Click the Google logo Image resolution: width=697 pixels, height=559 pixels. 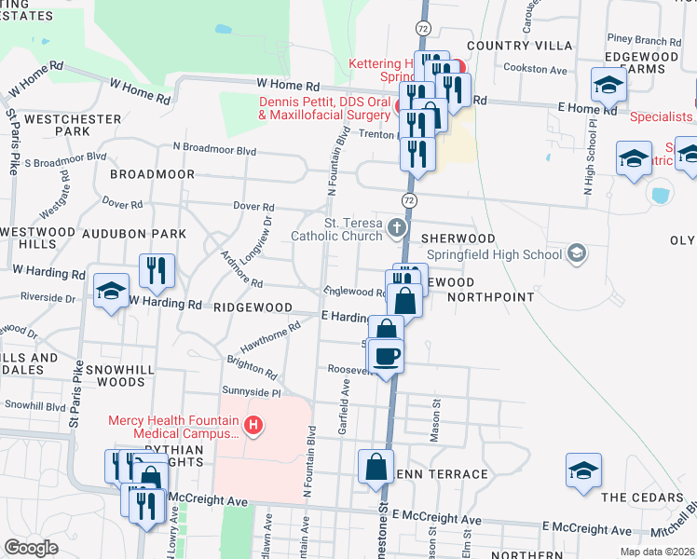[x=31, y=548]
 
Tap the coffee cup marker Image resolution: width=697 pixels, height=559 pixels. [x=387, y=355]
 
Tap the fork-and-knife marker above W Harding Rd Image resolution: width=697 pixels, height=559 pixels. [x=157, y=271]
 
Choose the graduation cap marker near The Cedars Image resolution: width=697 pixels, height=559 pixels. [x=583, y=470]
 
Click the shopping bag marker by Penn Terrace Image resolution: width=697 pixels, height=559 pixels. [x=376, y=468]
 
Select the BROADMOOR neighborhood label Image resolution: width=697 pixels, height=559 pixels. [x=152, y=174]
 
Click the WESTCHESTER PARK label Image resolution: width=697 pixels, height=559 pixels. [x=73, y=126]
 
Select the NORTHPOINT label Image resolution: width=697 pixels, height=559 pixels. [x=490, y=297]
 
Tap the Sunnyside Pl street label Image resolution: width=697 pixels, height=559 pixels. [x=251, y=391]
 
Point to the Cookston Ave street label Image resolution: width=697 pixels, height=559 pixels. [x=535, y=68]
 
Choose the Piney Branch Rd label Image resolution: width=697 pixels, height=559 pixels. [x=643, y=40]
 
